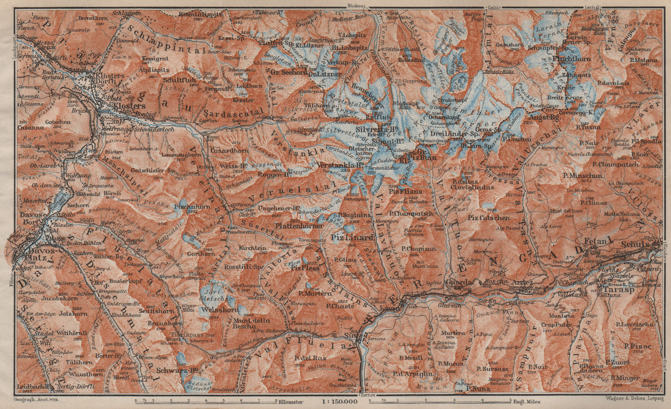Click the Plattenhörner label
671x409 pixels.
(299, 225)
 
